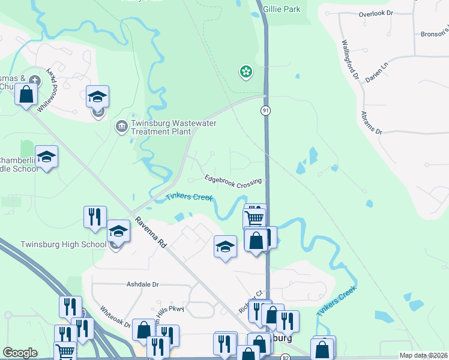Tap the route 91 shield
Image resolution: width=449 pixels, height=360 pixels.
tap(265, 111)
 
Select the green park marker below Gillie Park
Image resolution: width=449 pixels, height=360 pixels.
tap(246, 73)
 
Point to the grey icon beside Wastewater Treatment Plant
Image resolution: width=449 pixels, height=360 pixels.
tap(120, 126)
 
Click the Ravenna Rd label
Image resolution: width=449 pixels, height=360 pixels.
tap(151, 232)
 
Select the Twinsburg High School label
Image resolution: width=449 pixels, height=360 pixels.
tap(63, 244)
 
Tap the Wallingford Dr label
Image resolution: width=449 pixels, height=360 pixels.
tap(349, 60)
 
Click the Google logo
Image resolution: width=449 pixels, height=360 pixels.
tap(20, 353)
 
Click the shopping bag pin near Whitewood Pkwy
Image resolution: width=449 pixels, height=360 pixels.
tap(26, 94)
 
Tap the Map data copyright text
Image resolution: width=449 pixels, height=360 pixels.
tap(424, 355)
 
